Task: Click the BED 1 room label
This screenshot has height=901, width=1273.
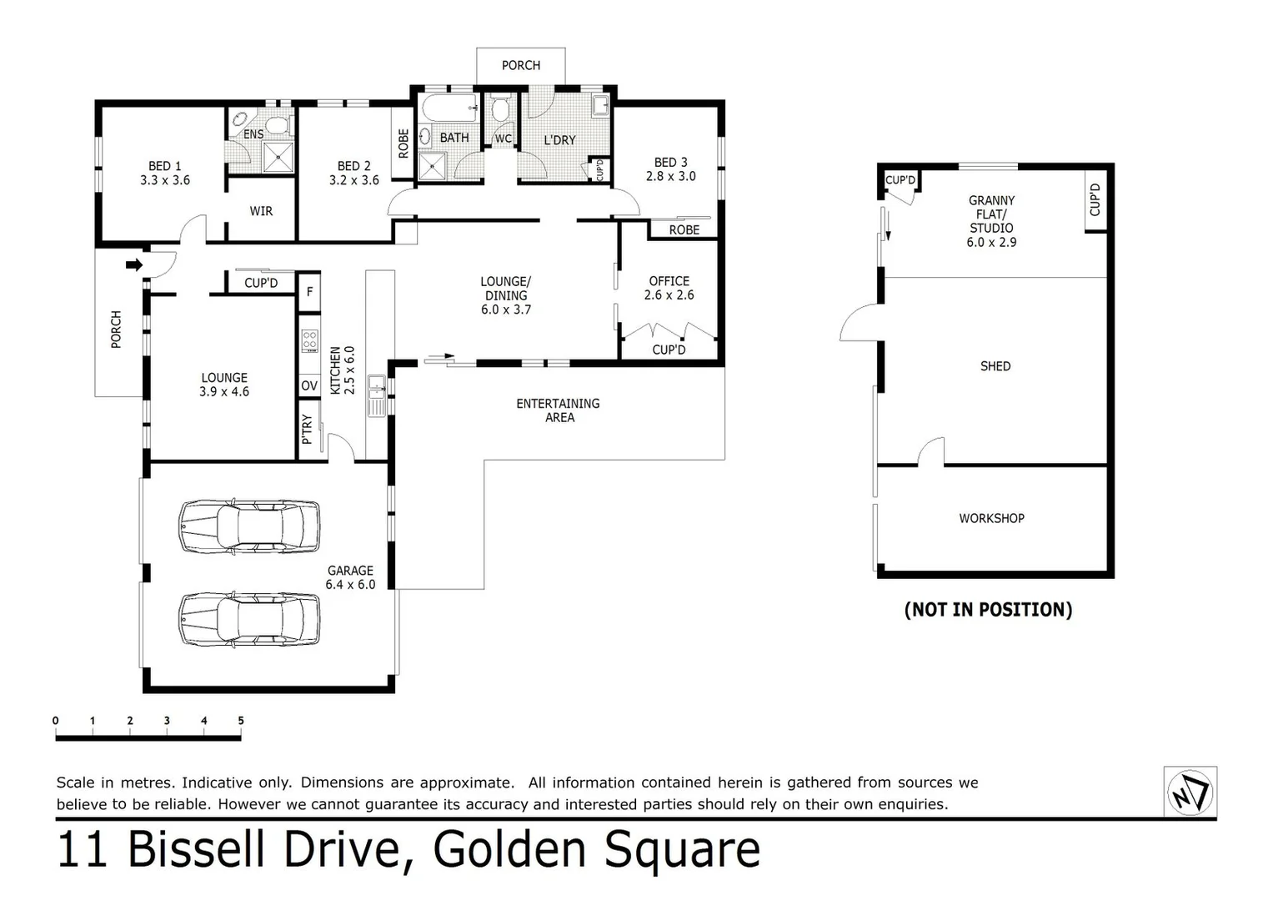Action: (165, 173)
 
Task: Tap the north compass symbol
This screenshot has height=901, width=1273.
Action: (1190, 791)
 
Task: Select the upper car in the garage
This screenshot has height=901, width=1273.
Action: (249, 526)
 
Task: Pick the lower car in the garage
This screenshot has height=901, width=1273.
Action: (249, 619)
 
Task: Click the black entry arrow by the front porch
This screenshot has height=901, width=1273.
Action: (133, 265)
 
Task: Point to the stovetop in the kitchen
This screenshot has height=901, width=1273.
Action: (309, 341)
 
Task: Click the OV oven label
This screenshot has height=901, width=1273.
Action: (309, 385)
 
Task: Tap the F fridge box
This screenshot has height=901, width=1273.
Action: (310, 291)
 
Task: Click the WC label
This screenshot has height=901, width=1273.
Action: (504, 138)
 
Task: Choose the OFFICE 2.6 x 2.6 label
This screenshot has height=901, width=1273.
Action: (669, 288)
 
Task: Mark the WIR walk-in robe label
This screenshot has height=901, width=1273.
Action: (261, 211)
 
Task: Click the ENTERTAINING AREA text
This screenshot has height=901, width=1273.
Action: (558, 410)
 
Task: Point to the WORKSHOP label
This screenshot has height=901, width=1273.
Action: (991, 518)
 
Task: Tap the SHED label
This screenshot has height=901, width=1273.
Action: (995, 366)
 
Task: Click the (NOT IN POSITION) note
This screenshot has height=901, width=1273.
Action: (988, 610)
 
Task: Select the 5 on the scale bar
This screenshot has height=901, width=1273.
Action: (241, 721)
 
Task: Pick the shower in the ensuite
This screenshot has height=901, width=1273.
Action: (278, 157)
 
